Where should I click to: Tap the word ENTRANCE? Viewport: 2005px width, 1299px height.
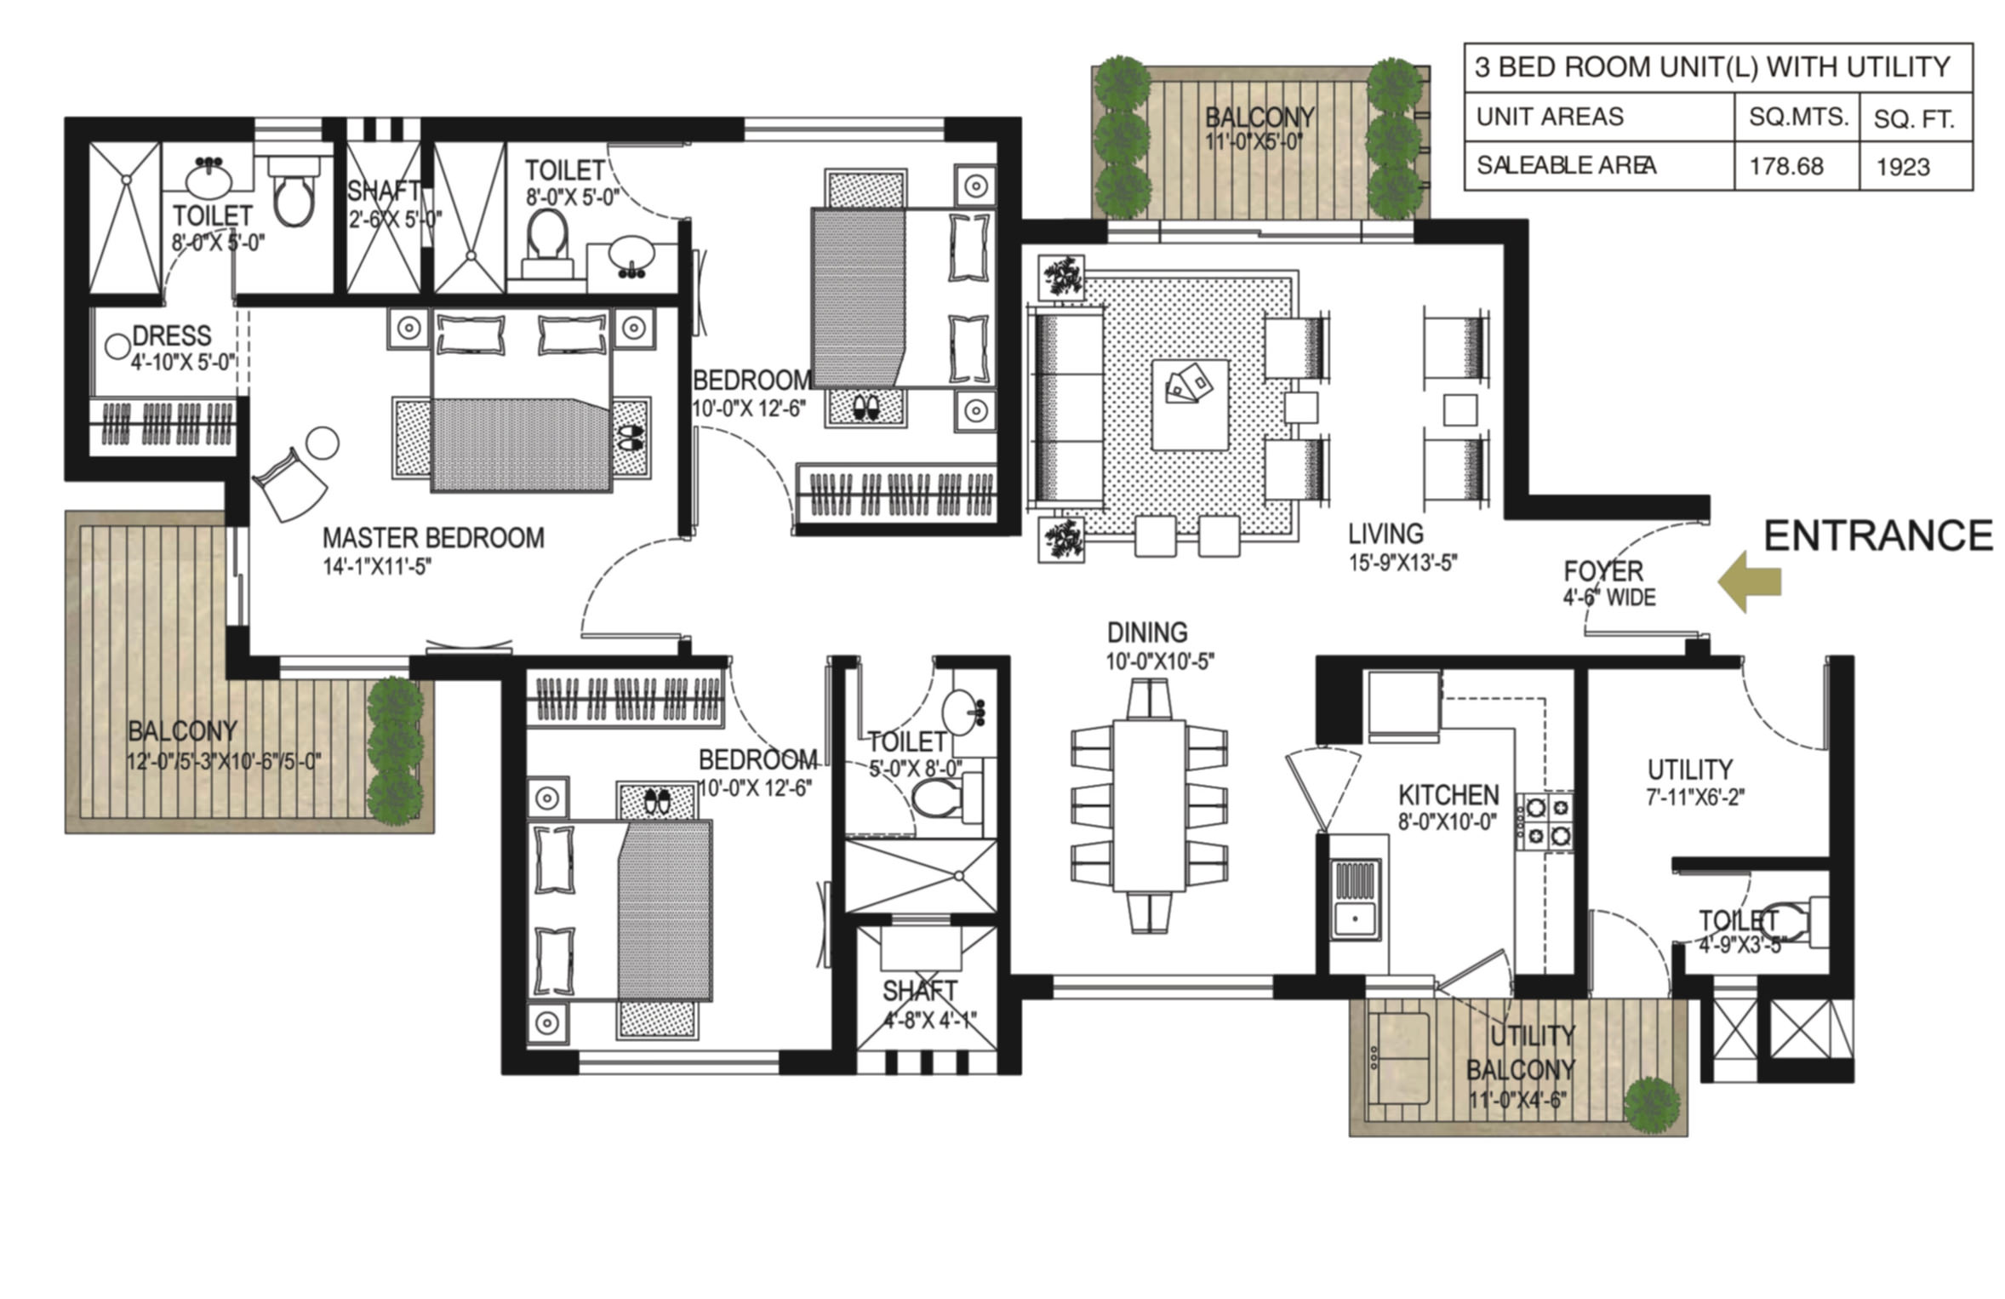pos(1877,536)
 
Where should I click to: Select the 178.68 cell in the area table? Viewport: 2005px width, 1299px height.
pos(1786,166)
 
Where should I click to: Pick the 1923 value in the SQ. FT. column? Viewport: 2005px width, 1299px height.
pos(1903,167)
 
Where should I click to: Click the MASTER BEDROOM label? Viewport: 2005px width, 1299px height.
pos(433,538)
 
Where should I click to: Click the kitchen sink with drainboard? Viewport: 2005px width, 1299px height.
pos(1356,898)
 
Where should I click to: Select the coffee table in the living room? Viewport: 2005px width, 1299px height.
pos(1190,404)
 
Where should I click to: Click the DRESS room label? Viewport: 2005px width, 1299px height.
pos(172,335)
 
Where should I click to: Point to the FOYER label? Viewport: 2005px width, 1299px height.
pos(1603,571)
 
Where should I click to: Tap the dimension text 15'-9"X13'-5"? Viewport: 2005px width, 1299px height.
pos(1402,563)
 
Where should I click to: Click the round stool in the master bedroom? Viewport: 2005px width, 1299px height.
pos(323,443)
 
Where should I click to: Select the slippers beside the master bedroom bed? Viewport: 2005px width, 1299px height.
pos(631,438)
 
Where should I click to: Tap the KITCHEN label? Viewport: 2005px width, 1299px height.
pos(1448,795)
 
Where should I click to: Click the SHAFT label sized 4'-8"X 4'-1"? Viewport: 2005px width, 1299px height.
pos(919,991)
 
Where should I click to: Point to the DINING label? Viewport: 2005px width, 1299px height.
pos(1147,632)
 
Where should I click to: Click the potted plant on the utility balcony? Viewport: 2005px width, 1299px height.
pos(1652,1105)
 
